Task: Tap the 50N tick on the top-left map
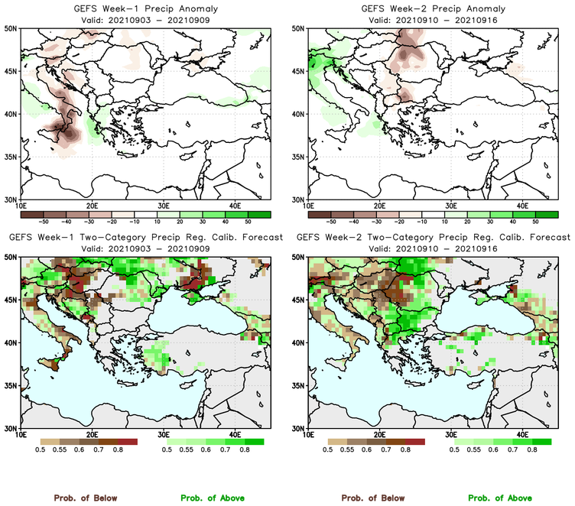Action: pos(13,28)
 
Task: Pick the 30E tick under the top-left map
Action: pos(163,206)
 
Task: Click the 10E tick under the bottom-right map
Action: pos(308,435)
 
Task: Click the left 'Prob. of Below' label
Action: pos(84,498)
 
